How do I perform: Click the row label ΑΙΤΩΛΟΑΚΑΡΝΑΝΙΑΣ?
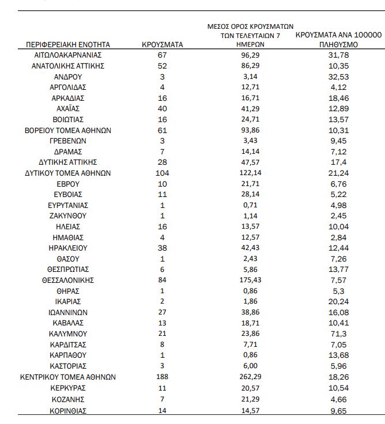[68, 55]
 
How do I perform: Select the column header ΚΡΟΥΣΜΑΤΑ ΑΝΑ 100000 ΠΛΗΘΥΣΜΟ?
[338, 39]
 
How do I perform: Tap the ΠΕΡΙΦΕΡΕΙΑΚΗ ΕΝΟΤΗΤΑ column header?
[68, 44]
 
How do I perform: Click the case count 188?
[163, 377]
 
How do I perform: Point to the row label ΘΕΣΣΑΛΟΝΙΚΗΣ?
[68, 280]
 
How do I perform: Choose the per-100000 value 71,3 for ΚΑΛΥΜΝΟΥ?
[338, 334]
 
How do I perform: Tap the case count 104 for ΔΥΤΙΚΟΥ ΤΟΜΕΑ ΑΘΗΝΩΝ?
[163, 173]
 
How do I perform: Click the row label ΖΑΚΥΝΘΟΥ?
[68, 216]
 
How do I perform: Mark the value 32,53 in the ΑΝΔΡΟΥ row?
[338, 76]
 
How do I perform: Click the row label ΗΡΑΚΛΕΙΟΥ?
[68, 248]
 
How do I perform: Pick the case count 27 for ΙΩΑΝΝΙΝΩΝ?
[163, 312]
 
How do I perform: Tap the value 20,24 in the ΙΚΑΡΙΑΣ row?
[338, 301]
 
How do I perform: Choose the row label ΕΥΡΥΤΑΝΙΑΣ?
[68, 205]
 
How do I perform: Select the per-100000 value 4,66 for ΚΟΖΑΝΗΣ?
[338, 398]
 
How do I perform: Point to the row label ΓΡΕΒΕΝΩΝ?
[68, 141]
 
